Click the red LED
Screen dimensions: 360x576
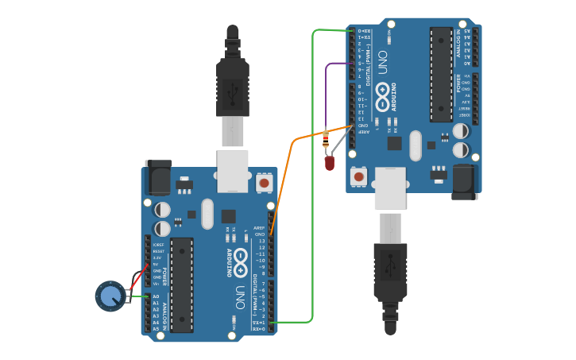tap(330, 163)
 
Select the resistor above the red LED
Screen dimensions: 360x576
tap(326, 141)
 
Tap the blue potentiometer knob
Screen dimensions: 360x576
tap(110, 296)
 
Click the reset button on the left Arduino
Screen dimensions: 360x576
tap(264, 184)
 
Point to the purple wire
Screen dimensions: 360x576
tap(327, 87)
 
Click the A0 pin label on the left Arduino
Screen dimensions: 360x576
tap(156, 296)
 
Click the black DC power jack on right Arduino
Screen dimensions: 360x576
tap(465, 183)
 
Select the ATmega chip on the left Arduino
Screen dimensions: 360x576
tap(181, 285)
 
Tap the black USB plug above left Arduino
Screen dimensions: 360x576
tap(233, 83)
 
